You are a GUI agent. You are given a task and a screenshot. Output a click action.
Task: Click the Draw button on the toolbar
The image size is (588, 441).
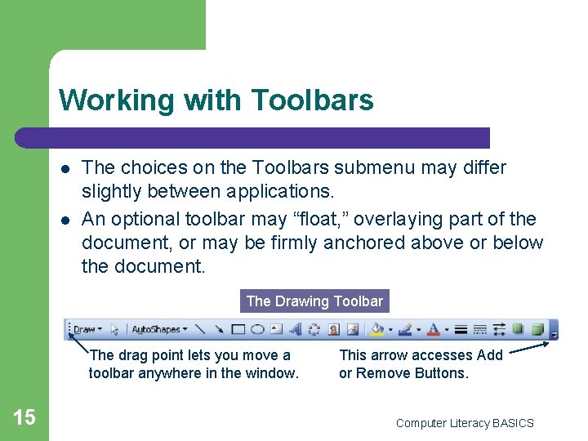click(85, 330)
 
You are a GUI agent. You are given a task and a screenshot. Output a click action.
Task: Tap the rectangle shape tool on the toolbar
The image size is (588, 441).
click(238, 330)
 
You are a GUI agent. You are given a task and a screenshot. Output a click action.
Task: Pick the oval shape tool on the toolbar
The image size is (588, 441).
click(256, 330)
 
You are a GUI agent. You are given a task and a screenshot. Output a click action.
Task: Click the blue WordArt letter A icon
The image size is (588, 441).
click(295, 330)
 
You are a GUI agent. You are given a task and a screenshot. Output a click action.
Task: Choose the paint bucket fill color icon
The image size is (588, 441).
click(376, 330)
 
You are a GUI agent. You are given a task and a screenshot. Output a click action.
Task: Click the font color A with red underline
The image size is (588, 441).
click(434, 330)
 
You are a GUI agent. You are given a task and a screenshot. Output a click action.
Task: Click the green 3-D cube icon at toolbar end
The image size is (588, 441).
click(537, 329)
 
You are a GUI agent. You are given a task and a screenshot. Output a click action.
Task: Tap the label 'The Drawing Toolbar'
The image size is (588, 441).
click(314, 301)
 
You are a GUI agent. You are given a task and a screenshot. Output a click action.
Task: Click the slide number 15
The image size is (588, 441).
click(24, 417)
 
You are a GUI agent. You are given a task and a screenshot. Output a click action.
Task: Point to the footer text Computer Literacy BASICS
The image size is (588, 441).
click(464, 423)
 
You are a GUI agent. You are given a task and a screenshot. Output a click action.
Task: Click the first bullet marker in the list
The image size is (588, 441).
click(65, 168)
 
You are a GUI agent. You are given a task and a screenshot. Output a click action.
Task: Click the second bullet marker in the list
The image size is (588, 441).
click(65, 220)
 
